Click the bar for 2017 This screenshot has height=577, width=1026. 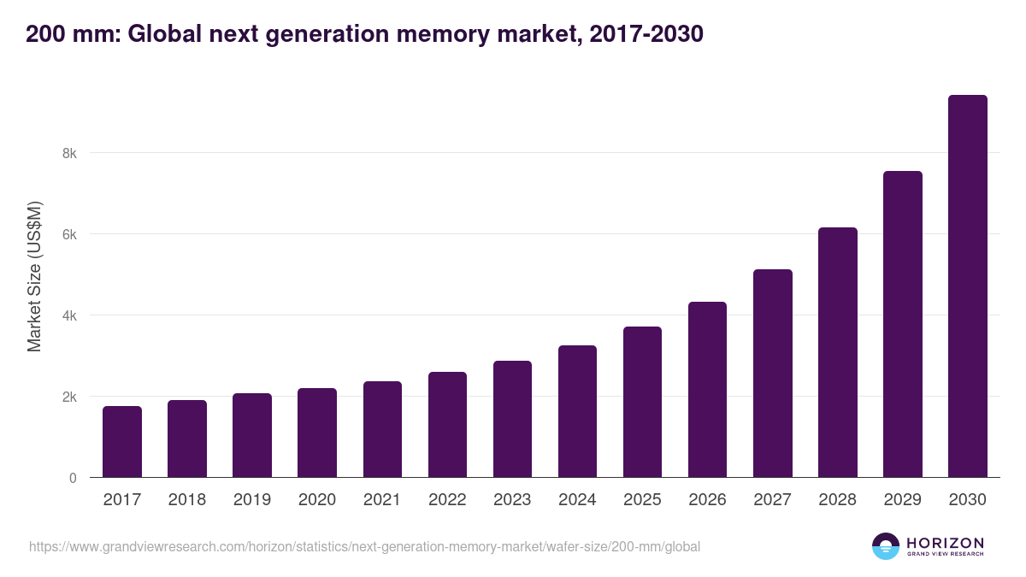click(122, 442)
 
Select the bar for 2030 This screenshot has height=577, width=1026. click(968, 286)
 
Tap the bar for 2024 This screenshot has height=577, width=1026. click(577, 411)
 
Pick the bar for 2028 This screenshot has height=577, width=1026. click(838, 352)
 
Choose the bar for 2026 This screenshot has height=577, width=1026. click(707, 390)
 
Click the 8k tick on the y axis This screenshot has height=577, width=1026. click(68, 154)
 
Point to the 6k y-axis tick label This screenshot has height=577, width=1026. click(68, 235)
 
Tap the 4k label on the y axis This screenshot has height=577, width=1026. click(68, 316)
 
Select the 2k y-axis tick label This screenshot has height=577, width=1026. click(68, 397)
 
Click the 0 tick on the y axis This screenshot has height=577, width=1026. click(73, 478)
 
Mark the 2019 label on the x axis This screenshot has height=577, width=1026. click(252, 500)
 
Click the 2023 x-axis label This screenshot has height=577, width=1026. click(512, 500)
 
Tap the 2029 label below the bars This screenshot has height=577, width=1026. click(903, 500)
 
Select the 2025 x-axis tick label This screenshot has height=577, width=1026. click(642, 500)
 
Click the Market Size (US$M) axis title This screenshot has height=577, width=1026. click(34, 276)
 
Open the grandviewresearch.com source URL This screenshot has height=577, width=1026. click(364, 546)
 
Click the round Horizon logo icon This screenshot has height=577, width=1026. click(886, 546)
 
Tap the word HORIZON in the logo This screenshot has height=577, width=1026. click(945, 543)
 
